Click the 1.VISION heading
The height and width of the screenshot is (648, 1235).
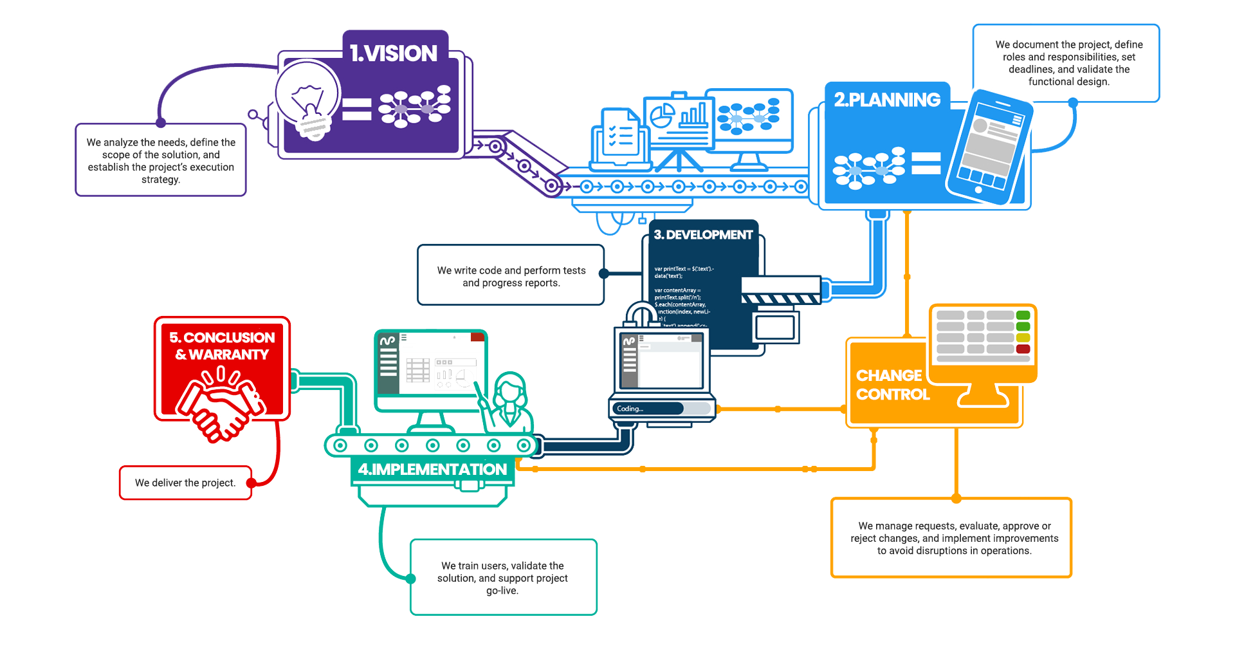point(394,53)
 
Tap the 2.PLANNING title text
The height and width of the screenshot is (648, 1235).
point(887,100)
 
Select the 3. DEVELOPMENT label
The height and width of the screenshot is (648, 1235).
point(703,235)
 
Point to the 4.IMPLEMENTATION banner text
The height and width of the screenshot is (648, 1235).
point(432,470)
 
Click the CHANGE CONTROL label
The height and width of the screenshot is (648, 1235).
point(892,385)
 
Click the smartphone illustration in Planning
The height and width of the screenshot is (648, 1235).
point(990,147)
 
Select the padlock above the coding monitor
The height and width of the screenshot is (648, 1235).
point(641,315)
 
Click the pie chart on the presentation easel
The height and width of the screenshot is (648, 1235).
point(661,116)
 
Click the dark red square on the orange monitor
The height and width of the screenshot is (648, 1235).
point(1023,349)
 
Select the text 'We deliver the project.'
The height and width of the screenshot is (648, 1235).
point(185,483)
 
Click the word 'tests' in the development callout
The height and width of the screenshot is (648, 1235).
point(574,270)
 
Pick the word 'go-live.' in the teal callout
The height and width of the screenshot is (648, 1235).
point(502,591)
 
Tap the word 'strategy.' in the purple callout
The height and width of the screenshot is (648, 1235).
point(161,180)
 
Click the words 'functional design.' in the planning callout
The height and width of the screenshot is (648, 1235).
point(1068,82)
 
